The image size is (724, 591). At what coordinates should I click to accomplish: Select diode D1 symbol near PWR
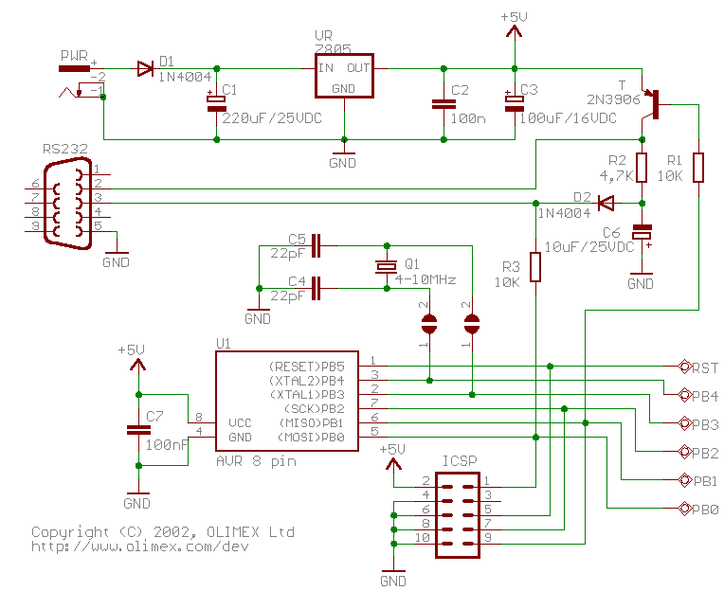(x=145, y=68)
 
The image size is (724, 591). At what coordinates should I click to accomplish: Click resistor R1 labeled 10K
(x=698, y=168)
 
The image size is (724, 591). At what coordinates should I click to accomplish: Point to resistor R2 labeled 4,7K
(x=642, y=168)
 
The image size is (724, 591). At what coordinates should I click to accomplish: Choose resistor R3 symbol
(x=535, y=267)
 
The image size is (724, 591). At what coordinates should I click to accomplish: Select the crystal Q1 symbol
(x=386, y=266)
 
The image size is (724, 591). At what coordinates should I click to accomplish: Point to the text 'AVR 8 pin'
(x=256, y=461)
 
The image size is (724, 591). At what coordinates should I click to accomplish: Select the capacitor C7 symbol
(x=138, y=430)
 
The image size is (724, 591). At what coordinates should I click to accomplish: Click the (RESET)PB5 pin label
(x=307, y=366)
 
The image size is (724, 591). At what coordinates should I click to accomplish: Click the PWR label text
(x=74, y=56)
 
